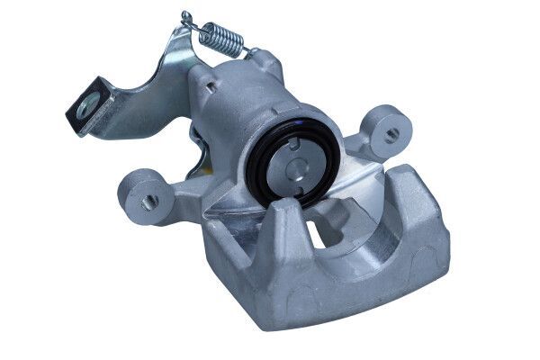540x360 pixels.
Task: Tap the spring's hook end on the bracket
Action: [185, 18]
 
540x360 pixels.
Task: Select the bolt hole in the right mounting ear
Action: [391, 134]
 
